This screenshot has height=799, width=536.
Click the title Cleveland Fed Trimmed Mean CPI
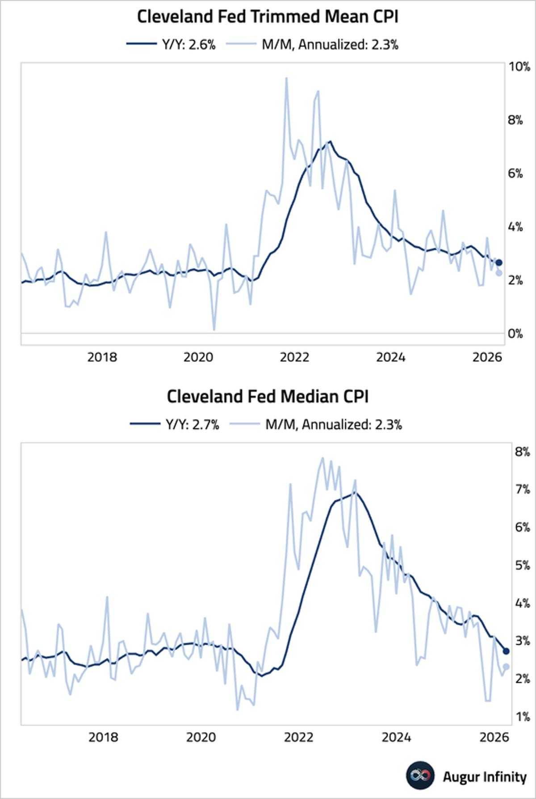[267, 17]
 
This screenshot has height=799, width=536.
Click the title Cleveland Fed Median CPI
[267, 397]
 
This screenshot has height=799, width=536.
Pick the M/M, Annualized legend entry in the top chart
[313, 44]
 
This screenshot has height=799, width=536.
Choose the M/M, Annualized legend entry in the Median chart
[316, 424]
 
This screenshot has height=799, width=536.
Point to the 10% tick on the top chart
[519, 67]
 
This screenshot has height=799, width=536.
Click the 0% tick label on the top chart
[515, 334]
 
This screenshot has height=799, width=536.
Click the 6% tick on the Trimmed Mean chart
[515, 173]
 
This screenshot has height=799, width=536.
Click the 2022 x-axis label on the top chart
[294, 357]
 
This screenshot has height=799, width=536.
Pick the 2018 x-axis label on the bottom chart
[103, 737]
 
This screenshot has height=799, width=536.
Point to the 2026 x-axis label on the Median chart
[494, 737]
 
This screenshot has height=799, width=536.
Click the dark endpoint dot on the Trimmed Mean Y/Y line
[499, 262]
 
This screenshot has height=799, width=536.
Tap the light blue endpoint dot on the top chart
[499, 273]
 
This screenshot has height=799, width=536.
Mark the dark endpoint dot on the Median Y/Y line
[506, 651]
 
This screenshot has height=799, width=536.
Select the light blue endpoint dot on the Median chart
[506, 667]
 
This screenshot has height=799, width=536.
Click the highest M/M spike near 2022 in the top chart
[286, 78]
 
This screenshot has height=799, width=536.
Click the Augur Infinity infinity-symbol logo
[420, 775]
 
